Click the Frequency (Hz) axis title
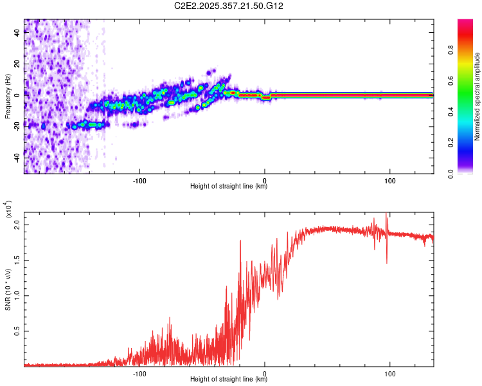[8, 96]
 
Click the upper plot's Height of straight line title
[229, 187]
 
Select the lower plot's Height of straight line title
[229, 379]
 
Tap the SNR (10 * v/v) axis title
[8, 287]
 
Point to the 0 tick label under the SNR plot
[265, 372]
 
